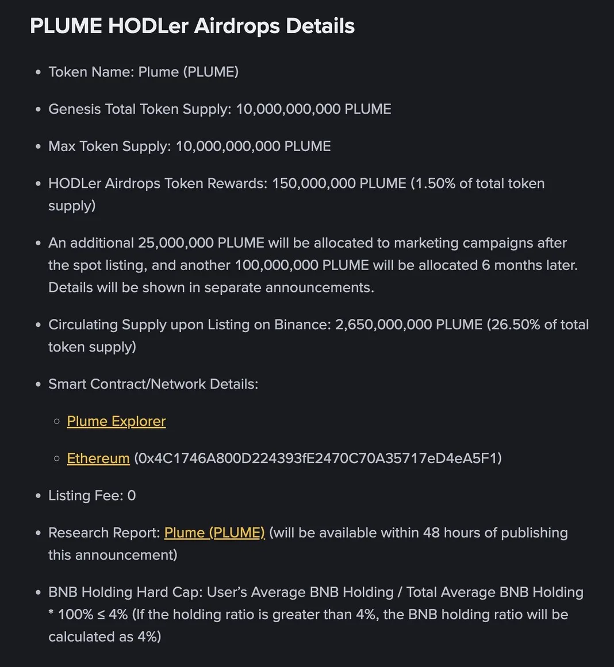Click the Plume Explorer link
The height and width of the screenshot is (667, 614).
[x=116, y=421]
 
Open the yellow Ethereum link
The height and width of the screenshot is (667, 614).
[x=98, y=458]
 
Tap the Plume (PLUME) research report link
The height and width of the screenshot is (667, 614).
[x=214, y=533]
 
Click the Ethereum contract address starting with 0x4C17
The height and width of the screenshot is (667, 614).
[x=318, y=458]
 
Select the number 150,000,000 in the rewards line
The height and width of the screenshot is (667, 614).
[x=313, y=183]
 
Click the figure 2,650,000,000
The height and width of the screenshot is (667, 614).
[x=383, y=325]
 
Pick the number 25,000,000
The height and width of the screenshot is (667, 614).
[x=175, y=243]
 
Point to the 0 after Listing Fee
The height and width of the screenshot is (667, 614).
[x=132, y=496]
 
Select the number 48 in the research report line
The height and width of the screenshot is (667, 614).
[x=431, y=533]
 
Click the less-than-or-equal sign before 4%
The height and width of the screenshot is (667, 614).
[x=101, y=615]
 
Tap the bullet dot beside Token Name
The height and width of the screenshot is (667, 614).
[x=38, y=72]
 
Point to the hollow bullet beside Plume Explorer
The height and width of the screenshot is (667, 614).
[x=56, y=422]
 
